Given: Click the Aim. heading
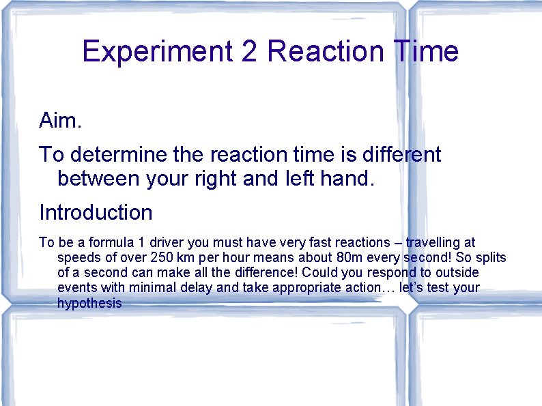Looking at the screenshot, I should pyautogui.click(x=61, y=121).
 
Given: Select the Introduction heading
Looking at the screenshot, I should pyautogui.click(x=96, y=212).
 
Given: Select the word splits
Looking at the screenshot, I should pyautogui.click(x=489, y=258).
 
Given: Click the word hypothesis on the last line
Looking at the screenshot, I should pyautogui.click(x=89, y=304).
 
